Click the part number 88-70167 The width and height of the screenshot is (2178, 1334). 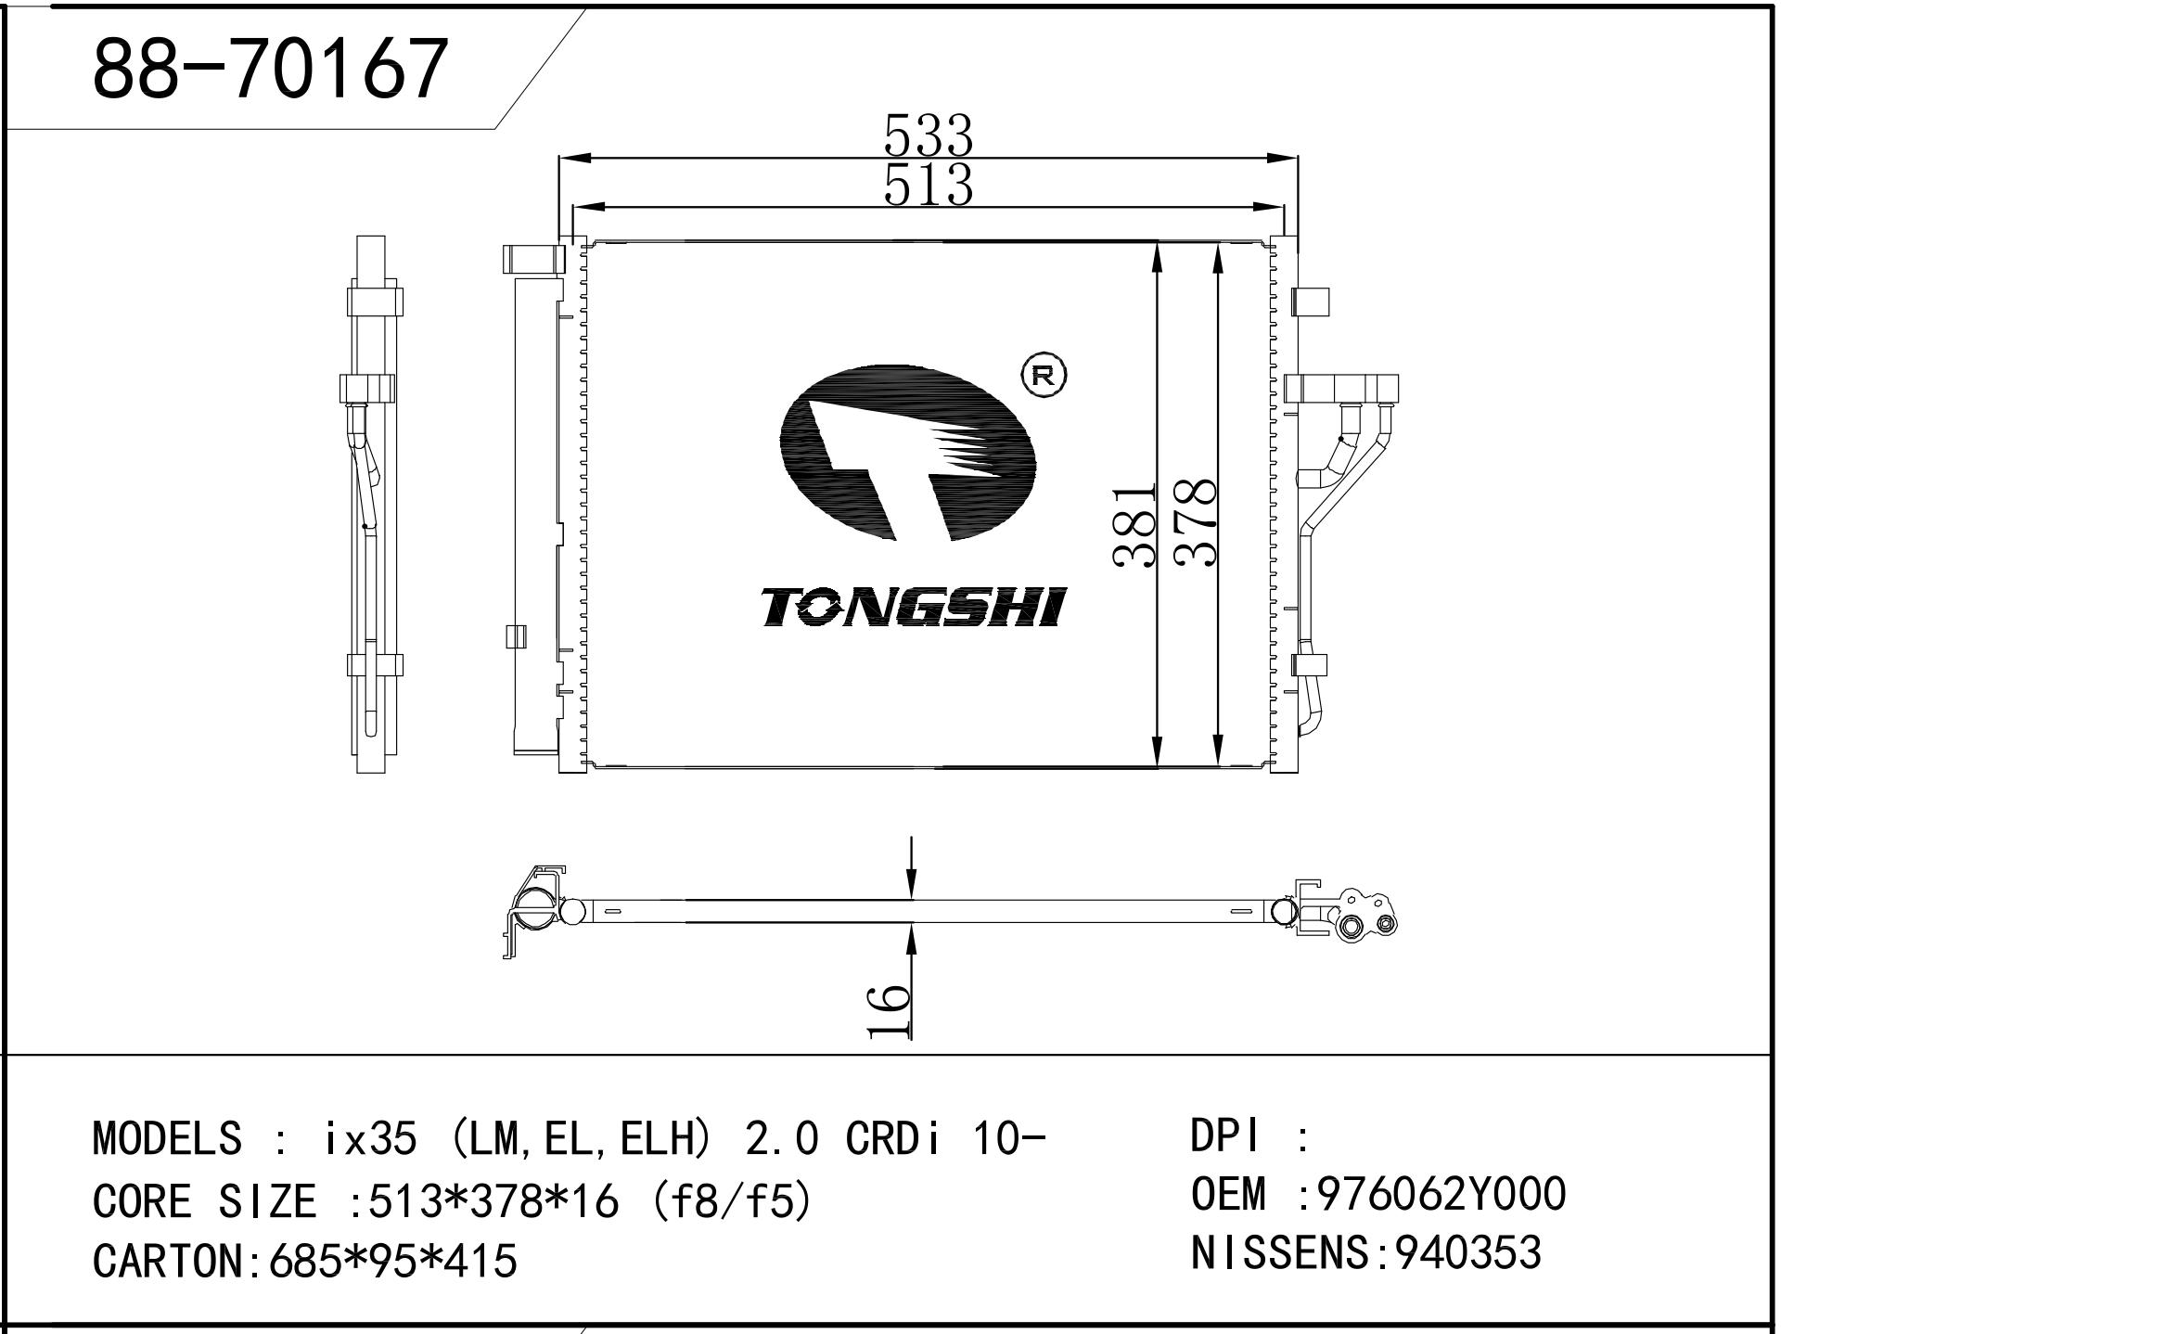click(x=270, y=70)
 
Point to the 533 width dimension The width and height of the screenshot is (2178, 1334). click(x=928, y=135)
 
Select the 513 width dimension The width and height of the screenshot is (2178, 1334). click(x=928, y=185)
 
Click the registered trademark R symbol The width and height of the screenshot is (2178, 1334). click(x=1044, y=375)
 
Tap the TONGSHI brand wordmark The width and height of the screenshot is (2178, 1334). click(x=915, y=608)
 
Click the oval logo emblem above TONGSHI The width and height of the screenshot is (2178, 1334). click(x=907, y=454)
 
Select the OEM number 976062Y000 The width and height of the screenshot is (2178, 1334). click(x=1441, y=1194)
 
